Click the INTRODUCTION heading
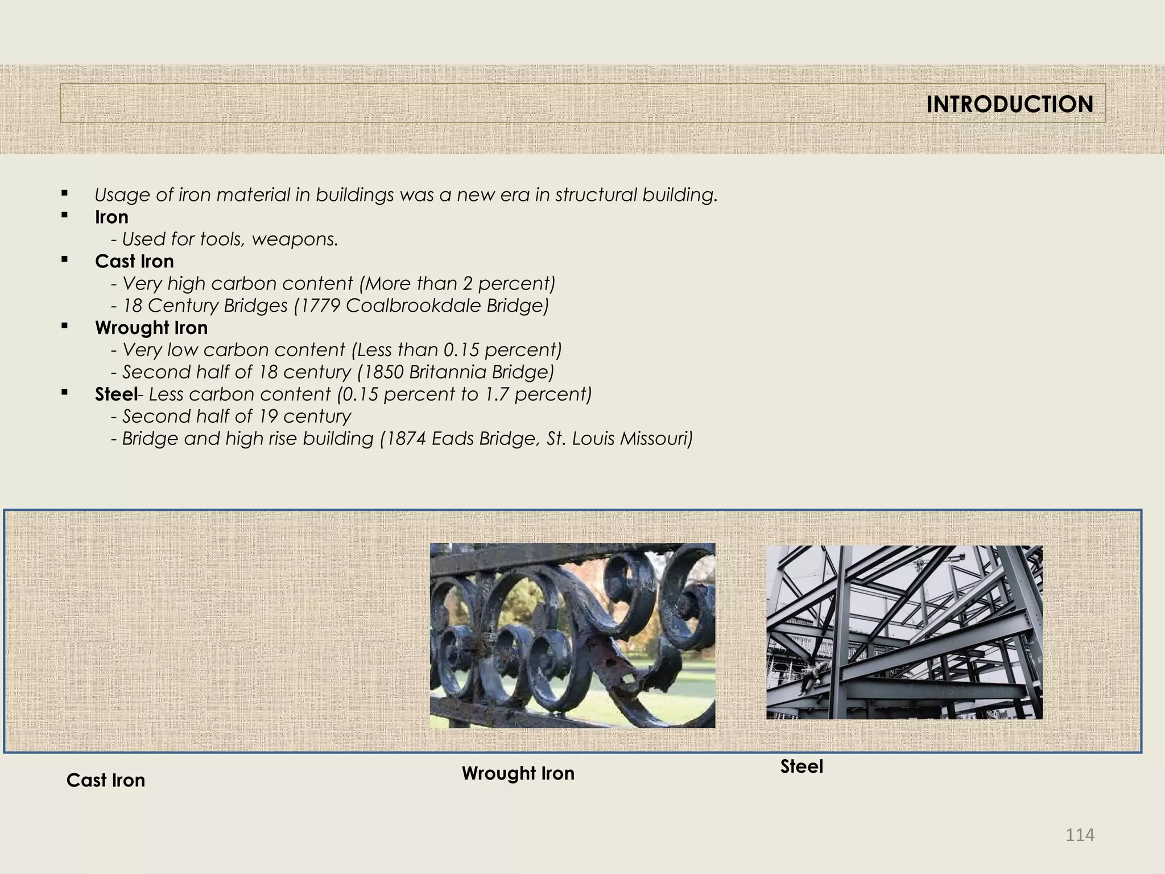(1009, 104)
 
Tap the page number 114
(1080, 835)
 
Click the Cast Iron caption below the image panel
(106, 780)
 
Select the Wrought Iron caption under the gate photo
(518, 773)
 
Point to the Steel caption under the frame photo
(802, 766)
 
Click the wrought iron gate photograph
(572, 635)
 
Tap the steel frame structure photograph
(904, 632)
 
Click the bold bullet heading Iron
(111, 217)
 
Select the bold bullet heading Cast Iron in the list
(134, 261)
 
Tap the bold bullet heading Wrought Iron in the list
(151, 328)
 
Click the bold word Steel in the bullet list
(116, 394)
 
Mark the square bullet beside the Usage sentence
(64, 193)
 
